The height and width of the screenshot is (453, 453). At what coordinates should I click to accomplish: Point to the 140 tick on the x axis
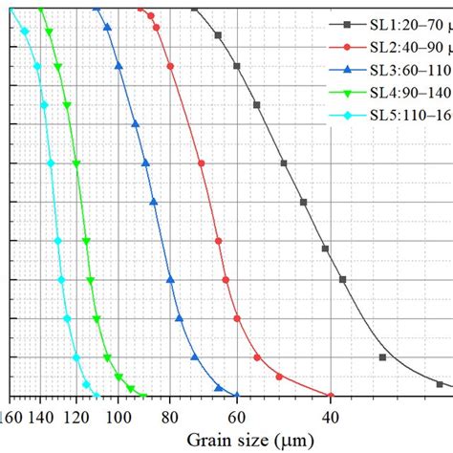coord(40,416)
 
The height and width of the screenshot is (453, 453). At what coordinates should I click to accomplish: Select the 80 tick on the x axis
coord(169,416)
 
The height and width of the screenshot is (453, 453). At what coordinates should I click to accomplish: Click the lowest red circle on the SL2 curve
coord(331,396)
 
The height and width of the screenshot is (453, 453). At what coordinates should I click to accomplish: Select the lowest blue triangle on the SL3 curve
coord(219,388)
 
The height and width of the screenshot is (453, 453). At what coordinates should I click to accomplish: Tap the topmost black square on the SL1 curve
coord(194,8)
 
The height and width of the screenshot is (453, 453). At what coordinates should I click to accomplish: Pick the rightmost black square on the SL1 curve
coord(440,383)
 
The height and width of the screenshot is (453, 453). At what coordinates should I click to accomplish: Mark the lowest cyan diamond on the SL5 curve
coord(95,395)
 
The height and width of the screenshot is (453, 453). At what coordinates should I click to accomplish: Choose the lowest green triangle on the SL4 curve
coord(142,396)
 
